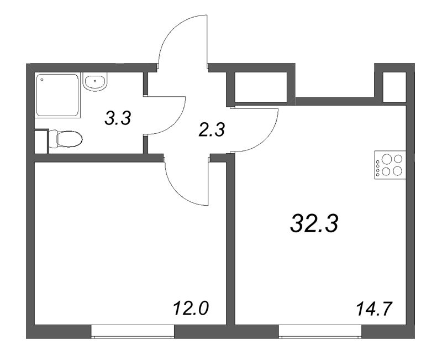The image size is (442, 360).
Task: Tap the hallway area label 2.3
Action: point(212,131)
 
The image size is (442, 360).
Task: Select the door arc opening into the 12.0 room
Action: point(185,182)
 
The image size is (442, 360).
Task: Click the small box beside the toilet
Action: point(41,141)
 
